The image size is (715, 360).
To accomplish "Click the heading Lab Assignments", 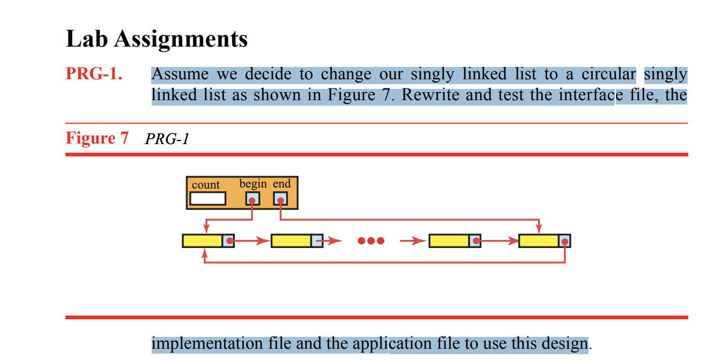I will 157,39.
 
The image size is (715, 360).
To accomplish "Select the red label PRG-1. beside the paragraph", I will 94,74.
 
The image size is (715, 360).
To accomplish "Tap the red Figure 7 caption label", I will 97,138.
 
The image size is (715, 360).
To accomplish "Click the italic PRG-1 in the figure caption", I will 167,139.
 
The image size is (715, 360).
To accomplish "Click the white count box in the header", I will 208,199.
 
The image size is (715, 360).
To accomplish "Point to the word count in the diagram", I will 206,185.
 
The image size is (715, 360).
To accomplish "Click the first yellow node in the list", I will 202,241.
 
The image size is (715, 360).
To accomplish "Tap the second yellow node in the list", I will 291,241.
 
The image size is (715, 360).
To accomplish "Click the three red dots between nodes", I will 371,241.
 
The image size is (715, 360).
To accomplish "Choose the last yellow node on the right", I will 539,241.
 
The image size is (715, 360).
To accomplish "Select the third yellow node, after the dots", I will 449,241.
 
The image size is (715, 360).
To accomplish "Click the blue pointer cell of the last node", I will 564,241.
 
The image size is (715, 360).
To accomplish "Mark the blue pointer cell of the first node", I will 228,241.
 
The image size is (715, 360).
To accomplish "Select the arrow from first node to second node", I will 251,241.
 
